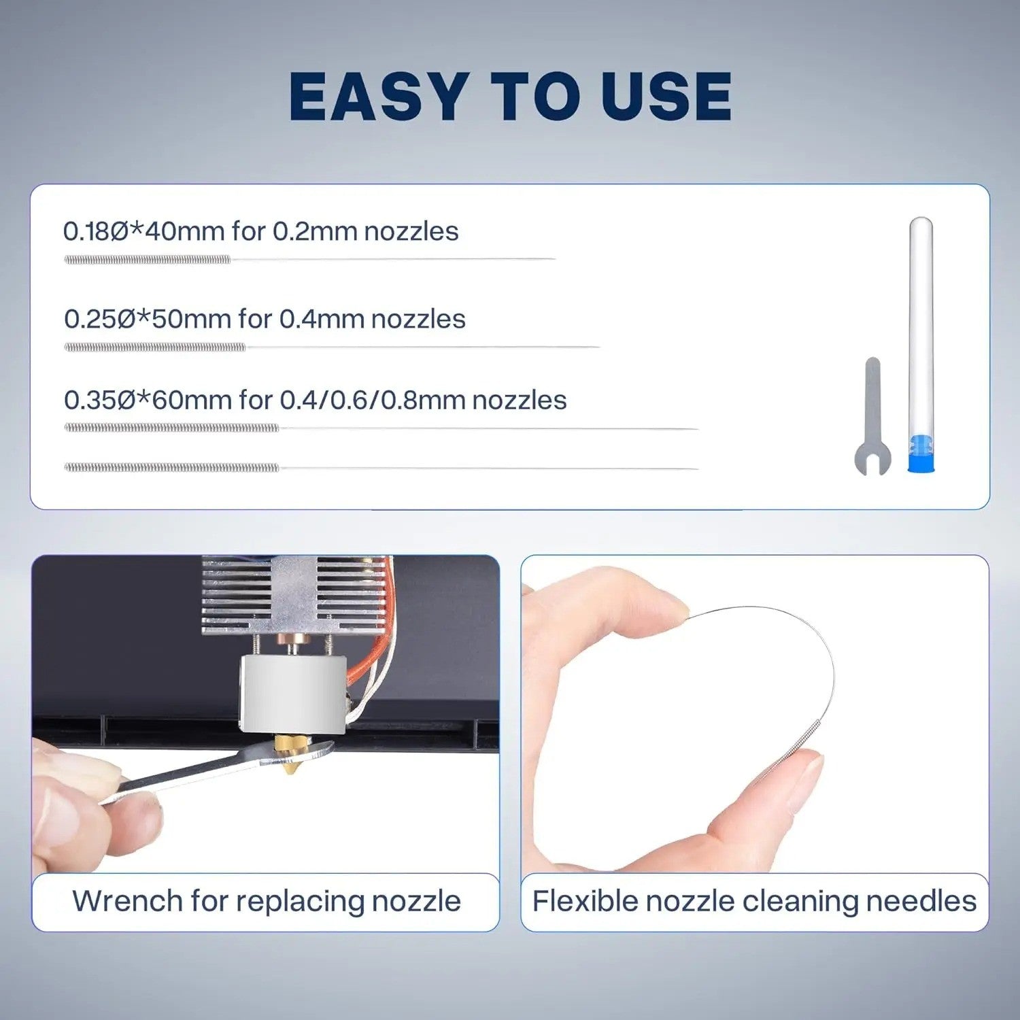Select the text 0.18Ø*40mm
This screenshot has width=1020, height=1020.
(x=144, y=231)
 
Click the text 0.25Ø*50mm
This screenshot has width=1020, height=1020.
(x=148, y=319)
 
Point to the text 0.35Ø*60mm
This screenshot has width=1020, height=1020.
(x=148, y=400)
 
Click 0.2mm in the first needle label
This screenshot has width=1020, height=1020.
(x=316, y=231)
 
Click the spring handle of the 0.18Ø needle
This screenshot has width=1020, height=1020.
(x=148, y=259)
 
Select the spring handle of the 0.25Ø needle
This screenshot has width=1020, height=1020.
(x=155, y=347)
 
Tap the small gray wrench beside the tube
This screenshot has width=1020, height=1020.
(x=872, y=416)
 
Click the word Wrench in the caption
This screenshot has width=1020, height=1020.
(x=128, y=901)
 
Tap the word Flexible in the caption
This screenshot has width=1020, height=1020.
(x=585, y=901)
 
